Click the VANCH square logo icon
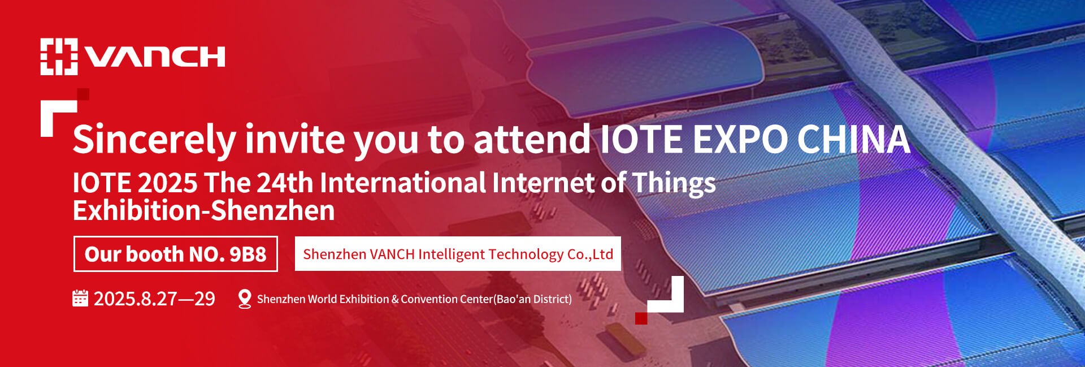59,57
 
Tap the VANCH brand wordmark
155,57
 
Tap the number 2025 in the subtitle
168,183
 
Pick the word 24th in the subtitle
284,183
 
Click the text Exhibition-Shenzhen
204,211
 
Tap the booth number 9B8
248,254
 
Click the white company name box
458,253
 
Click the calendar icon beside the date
80,298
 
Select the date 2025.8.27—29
154,299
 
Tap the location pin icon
245,299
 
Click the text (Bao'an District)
532,299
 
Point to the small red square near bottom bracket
641,318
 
